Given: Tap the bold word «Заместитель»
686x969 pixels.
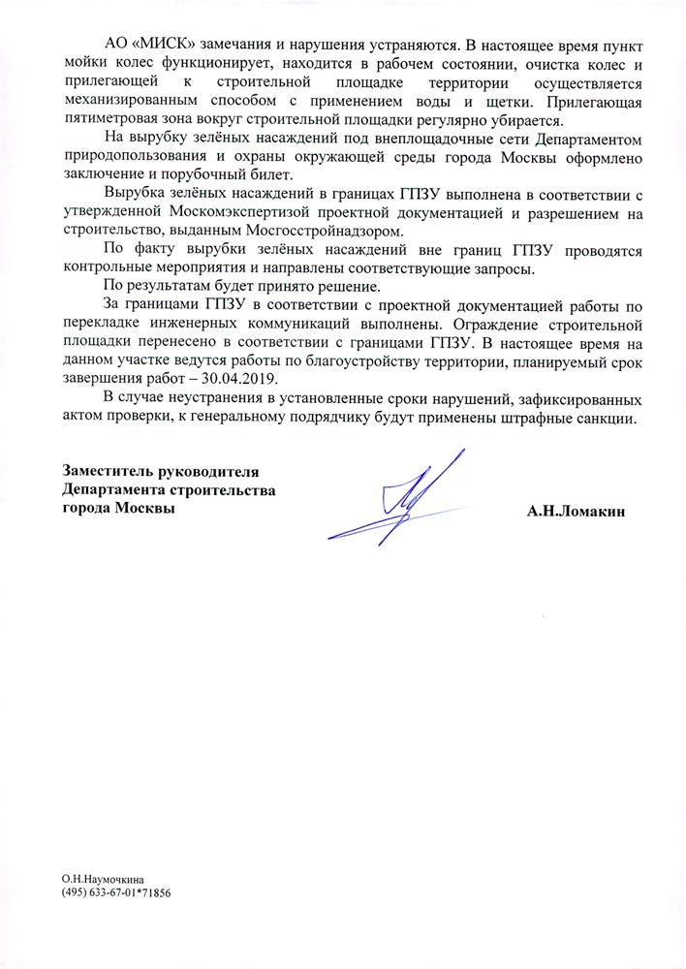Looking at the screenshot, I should [x=111, y=472].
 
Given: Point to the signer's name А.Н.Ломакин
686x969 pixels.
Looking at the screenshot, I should [x=577, y=510].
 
